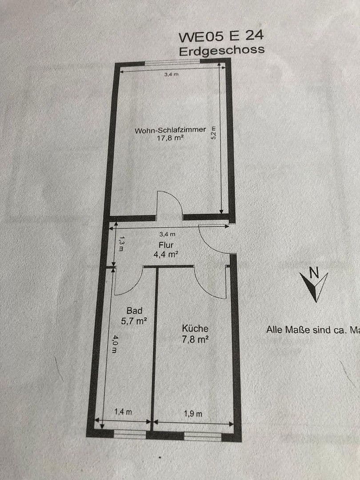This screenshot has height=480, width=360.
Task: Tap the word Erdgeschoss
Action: coord(221,50)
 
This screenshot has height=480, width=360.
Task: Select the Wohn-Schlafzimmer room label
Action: coord(170,130)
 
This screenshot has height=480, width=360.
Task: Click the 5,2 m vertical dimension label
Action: coord(214,133)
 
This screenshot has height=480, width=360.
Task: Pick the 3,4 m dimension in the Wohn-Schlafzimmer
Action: coord(171,75)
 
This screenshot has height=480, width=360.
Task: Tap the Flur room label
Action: coord(166,245)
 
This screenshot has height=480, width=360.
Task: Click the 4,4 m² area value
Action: coord(166,255)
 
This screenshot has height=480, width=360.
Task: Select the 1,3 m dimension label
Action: coord(120,243)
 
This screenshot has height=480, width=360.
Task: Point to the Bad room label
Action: coord(134,311)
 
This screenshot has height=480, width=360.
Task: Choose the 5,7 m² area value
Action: coord(134,320)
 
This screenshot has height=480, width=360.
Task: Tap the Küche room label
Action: coord(195,328)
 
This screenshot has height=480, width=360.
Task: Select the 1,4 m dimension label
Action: coord(123,412)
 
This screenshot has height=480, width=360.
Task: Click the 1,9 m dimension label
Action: coord(193,413)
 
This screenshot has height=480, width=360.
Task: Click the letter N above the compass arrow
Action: coord(314,272)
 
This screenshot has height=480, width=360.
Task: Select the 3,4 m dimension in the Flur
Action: coord(167,234)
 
